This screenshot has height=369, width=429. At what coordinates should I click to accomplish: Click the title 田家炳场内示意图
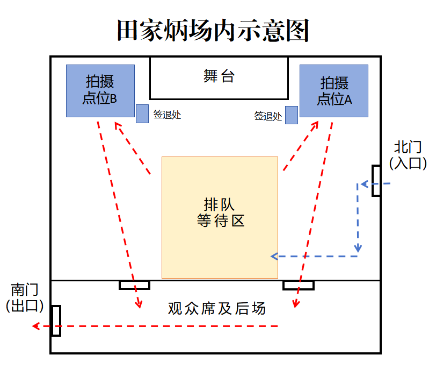pos(213,30)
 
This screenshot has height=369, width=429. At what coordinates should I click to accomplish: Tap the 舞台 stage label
pos(219,76)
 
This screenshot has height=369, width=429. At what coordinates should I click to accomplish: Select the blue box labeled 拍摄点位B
pos(100,91)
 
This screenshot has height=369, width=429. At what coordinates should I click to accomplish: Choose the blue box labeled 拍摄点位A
pos(334,91)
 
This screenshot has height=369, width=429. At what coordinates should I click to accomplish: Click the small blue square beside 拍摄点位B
pos(142,113)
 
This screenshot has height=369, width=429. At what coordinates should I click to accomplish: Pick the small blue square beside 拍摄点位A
pos(292,115)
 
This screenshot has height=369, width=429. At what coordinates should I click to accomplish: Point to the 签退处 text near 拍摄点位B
pos(167,115)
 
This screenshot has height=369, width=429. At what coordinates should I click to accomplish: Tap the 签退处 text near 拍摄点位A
pos(268,116)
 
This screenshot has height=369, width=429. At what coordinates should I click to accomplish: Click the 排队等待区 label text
pos(220,212)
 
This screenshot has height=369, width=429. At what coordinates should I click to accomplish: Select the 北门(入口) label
pos(408,155)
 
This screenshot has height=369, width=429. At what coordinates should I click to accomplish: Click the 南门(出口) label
pos(25,297)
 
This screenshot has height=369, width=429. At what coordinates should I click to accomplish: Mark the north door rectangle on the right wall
pos(376,181)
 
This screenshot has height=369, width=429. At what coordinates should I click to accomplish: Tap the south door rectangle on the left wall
pos(56,321)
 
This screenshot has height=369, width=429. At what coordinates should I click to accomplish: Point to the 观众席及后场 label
pos(217,308)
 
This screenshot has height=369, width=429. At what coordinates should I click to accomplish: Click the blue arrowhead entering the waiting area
pos(274,257)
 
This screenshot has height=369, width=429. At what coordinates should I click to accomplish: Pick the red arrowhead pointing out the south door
pos(36,326)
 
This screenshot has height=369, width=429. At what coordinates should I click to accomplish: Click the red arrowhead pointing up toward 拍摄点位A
pos(315,125)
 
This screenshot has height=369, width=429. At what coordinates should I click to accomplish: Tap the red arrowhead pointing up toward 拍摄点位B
pos(118,126)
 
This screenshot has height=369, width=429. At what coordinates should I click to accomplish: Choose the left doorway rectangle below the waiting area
pos(134,285)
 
